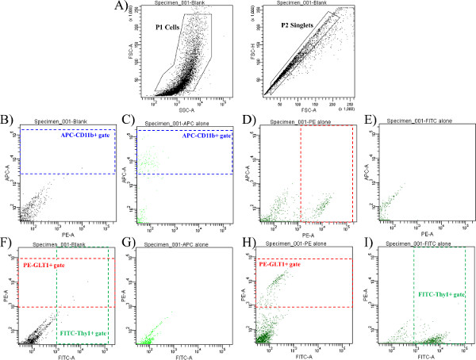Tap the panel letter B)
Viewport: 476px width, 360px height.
tap(7, 121)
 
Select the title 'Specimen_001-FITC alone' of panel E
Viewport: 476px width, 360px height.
tap(413, 121)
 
